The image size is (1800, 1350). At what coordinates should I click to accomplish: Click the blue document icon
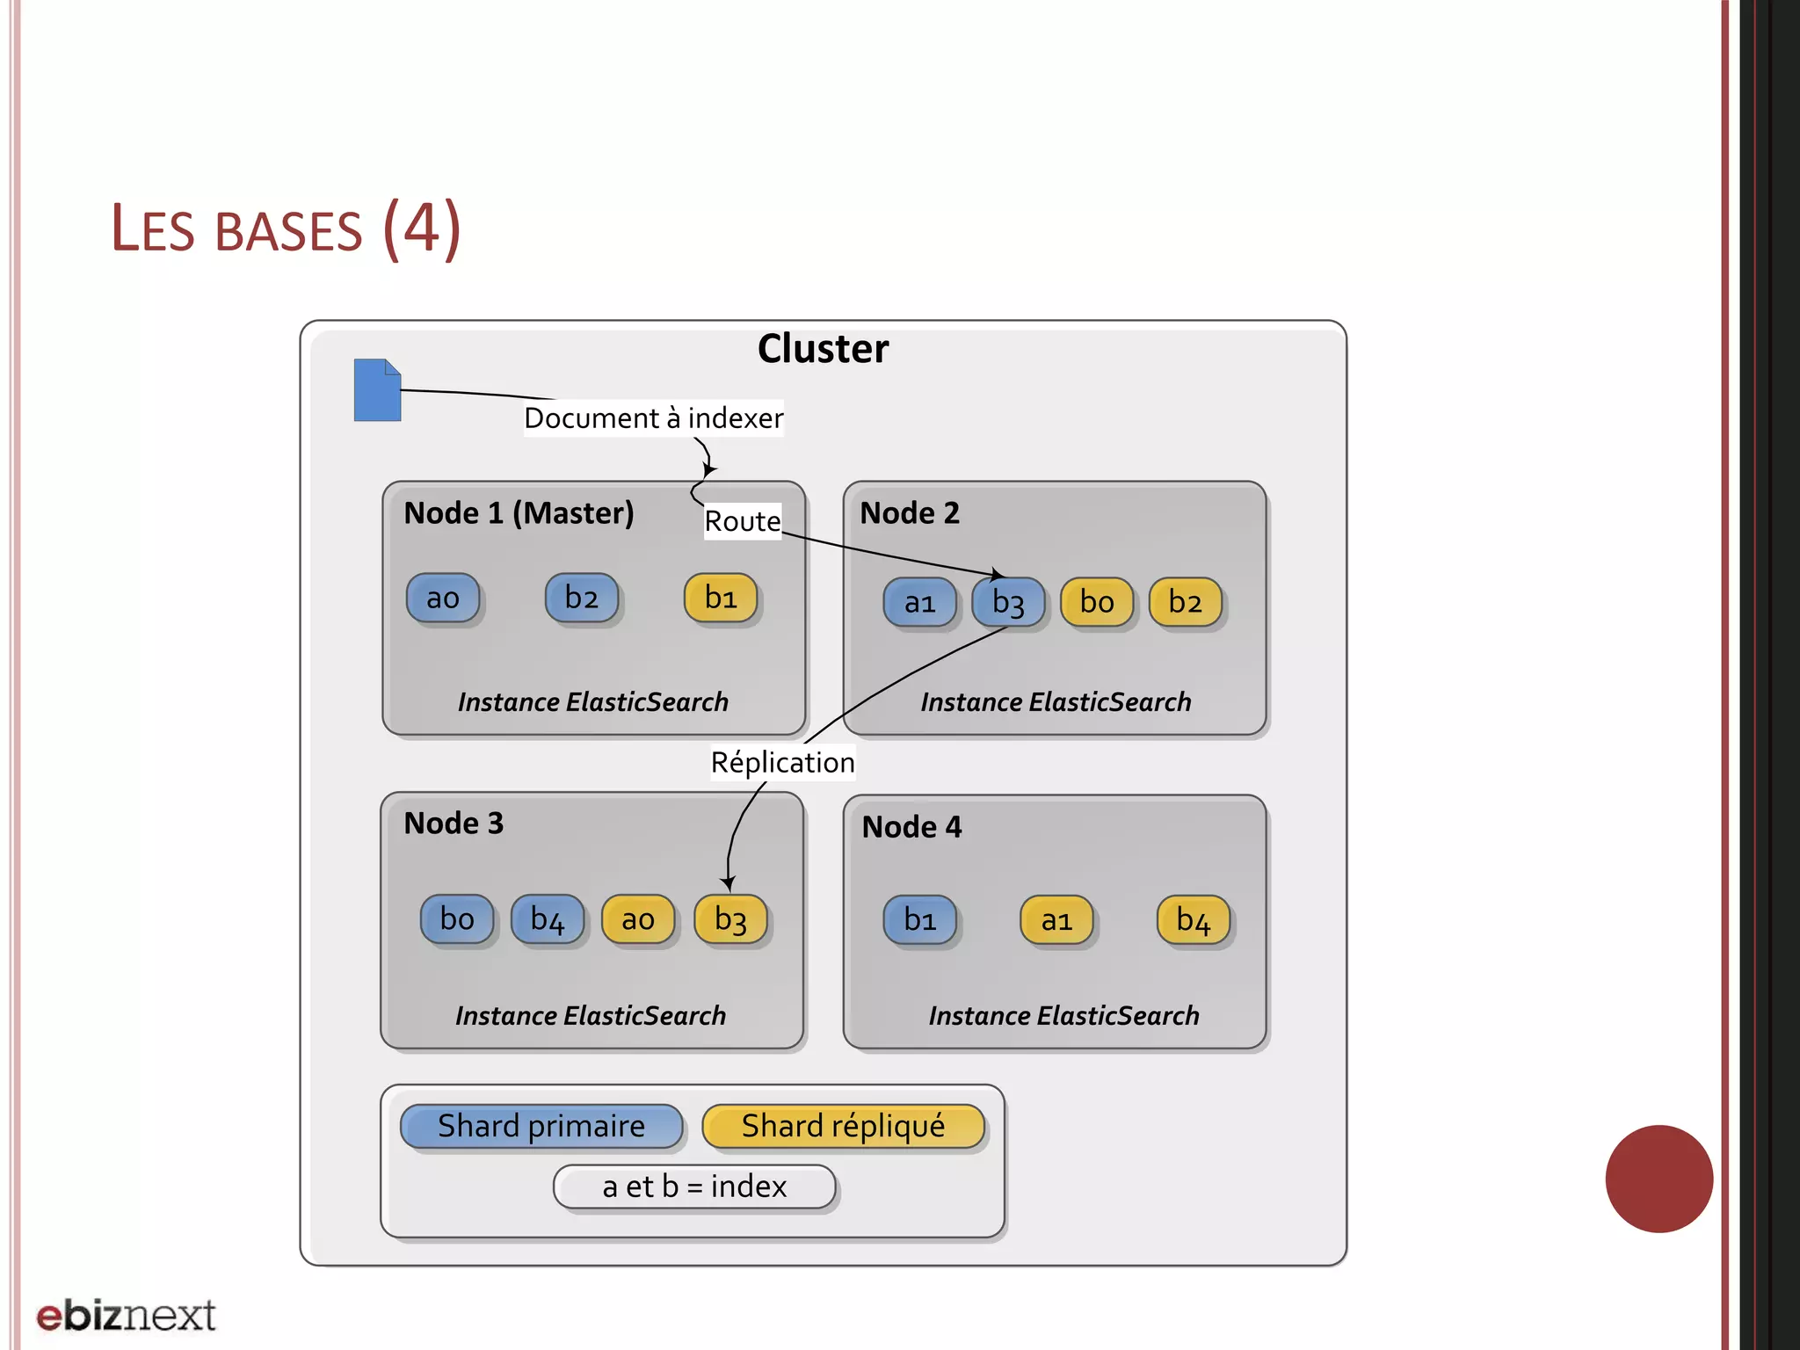click(x=377, y=390)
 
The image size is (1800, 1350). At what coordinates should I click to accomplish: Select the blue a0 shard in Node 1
click(x=443, y=599)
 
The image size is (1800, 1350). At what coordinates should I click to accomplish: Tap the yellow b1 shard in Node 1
click(x=721, y=599)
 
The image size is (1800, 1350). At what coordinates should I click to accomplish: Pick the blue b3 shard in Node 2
click(x=1008, y=603)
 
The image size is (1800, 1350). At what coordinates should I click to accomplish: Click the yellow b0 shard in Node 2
click(x=1097, y=603)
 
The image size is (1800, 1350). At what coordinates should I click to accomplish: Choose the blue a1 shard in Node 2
click(x=919, y=603)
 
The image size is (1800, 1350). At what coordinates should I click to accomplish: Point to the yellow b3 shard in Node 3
click(x=730, y=919)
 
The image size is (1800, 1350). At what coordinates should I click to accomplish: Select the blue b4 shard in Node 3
click(x=548, y=919)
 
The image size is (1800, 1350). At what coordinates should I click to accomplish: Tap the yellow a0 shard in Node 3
click(x=638, y=919)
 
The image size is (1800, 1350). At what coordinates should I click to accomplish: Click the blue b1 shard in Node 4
click(x=919, y=920)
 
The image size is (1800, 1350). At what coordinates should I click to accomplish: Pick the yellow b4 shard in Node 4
click(x=1193, y=920)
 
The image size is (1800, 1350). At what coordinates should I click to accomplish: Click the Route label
click(x=743, y=521)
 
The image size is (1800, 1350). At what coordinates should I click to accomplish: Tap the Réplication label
click(x=782, y=762)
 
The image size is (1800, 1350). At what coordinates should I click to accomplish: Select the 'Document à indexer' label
click(x=653, y=418)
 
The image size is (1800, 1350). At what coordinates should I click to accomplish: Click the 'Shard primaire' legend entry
click(x=541, y=1127)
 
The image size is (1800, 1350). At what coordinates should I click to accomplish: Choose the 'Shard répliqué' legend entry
click(x=843, y=1127)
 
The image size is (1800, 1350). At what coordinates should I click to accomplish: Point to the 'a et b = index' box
click(x=694, y=1187)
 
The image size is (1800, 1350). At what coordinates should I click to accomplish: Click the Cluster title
click(x=823, y=349)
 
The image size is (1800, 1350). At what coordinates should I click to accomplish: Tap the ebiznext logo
click(x=126, y=1316)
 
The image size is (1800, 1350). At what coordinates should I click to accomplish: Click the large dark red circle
click(x=1658, y=1179)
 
